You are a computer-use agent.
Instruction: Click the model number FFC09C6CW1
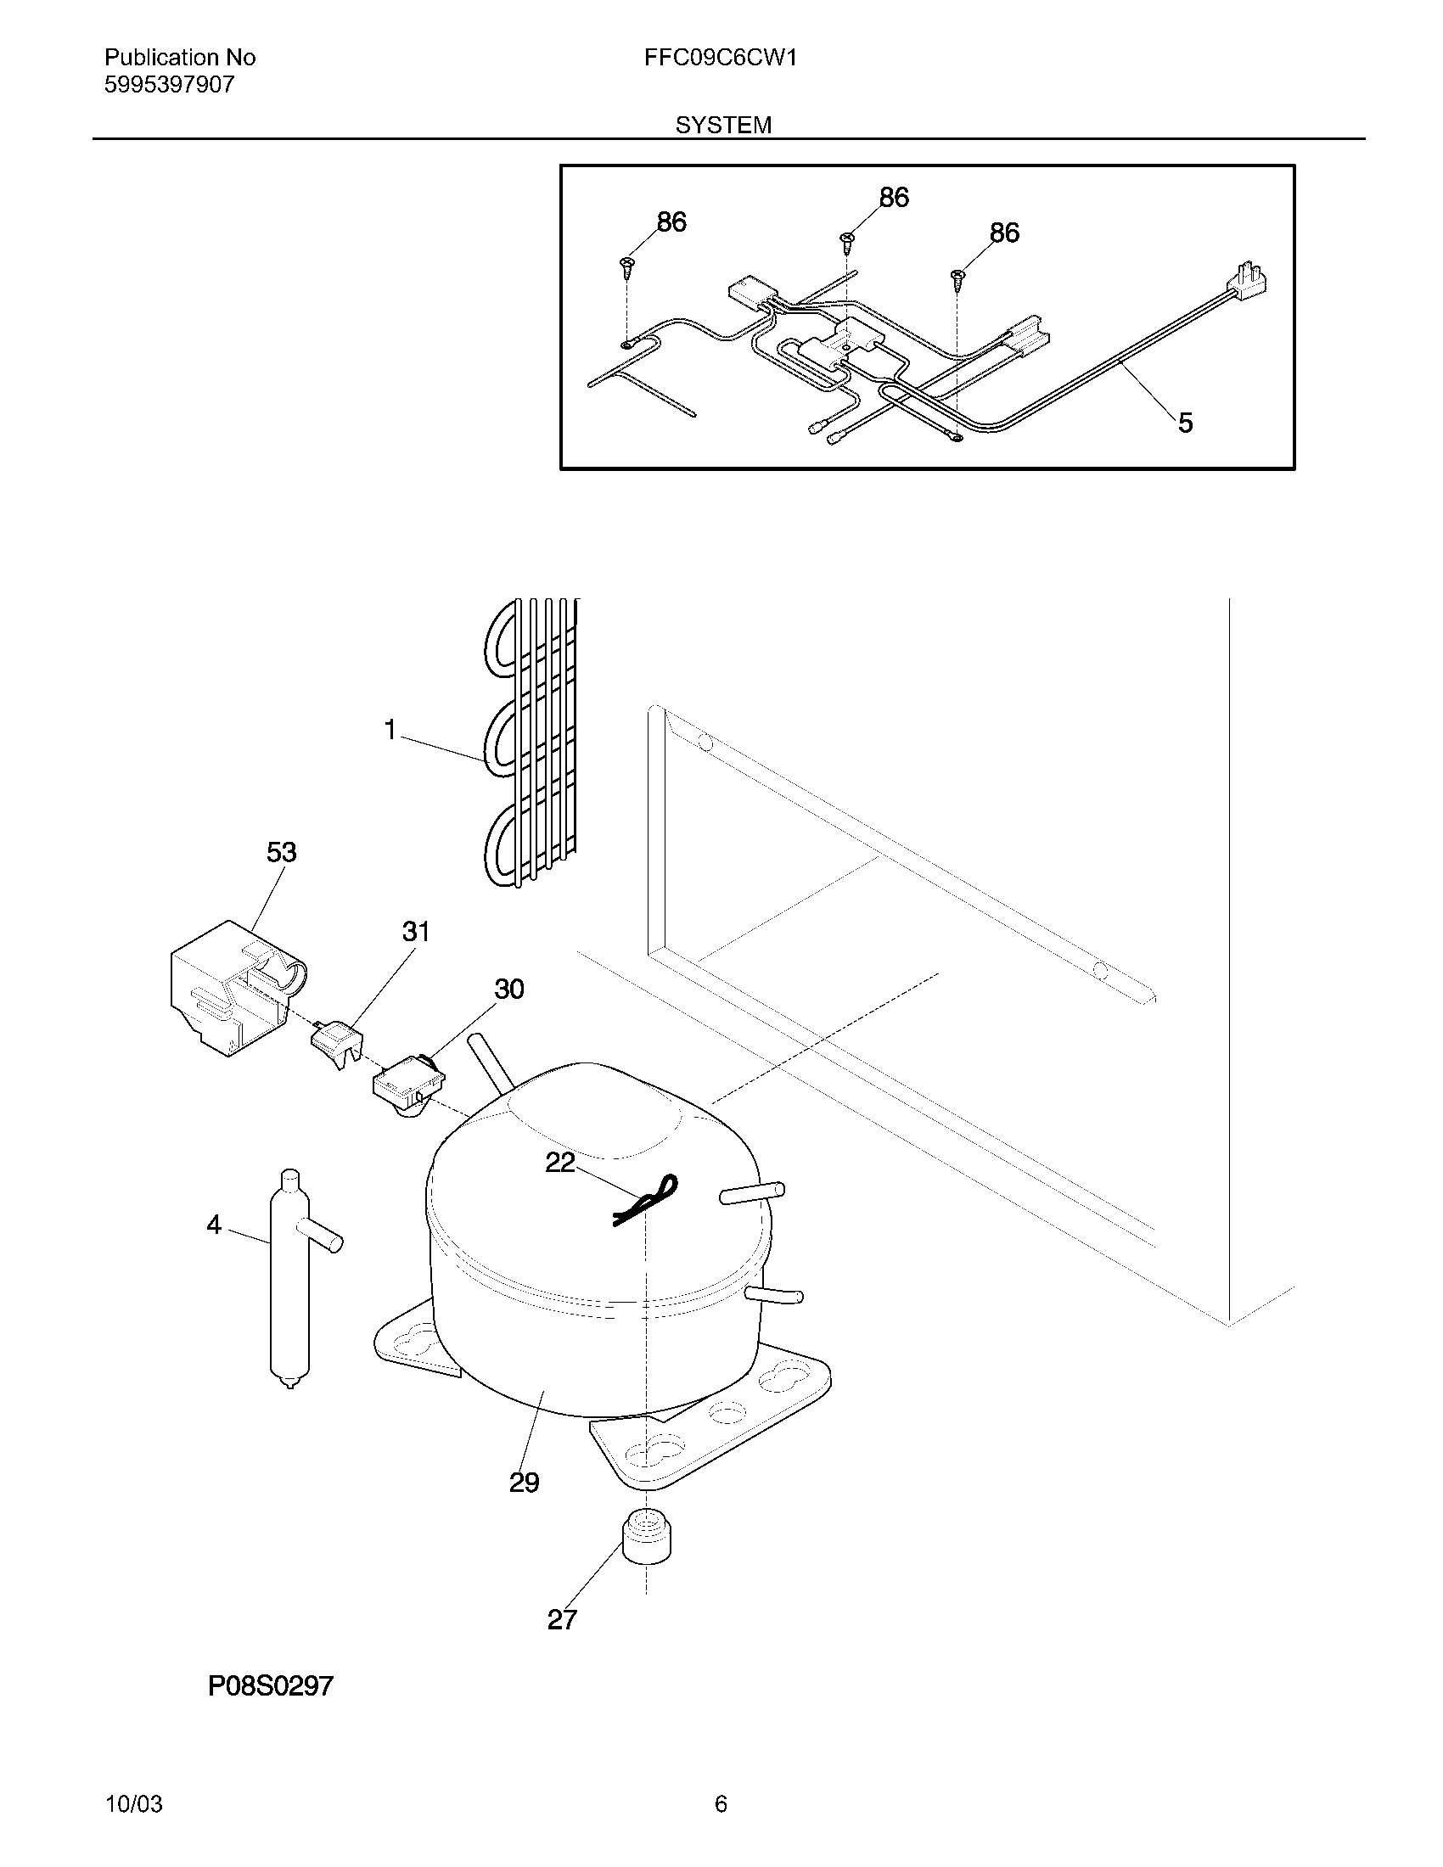(721, 57)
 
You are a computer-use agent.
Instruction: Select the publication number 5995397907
(169, 85)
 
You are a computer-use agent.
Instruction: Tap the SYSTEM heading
(723, 126)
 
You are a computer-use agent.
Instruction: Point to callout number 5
(1185, 423)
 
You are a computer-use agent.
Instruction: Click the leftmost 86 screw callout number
(671, 222)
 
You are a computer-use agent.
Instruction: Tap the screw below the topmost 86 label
(848, 242)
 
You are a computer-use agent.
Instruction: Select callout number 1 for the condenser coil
(390, 730)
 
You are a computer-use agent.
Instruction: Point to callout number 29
(524, 1483)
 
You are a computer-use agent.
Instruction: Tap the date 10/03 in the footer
(133, 1804)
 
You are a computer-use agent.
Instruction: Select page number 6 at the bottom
(721, 1804)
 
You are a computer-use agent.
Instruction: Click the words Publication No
(179, 57)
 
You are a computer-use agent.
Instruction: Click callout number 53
(281, 852)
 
